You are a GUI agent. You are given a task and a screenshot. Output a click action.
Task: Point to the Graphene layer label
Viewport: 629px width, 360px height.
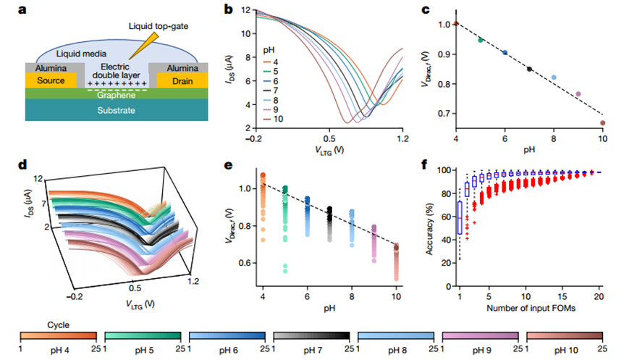coord(112,93)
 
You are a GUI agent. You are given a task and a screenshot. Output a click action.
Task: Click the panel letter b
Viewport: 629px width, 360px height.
coord(229,9)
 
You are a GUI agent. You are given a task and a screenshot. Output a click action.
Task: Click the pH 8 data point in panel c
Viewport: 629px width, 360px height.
coord(554,78)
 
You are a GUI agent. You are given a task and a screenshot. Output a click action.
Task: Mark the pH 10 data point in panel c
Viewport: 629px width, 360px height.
coord(603,123)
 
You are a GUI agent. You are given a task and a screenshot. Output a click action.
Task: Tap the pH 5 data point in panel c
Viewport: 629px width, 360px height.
coord(481,40)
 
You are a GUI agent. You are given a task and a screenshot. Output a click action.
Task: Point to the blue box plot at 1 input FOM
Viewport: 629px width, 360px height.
coord(460,217)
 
